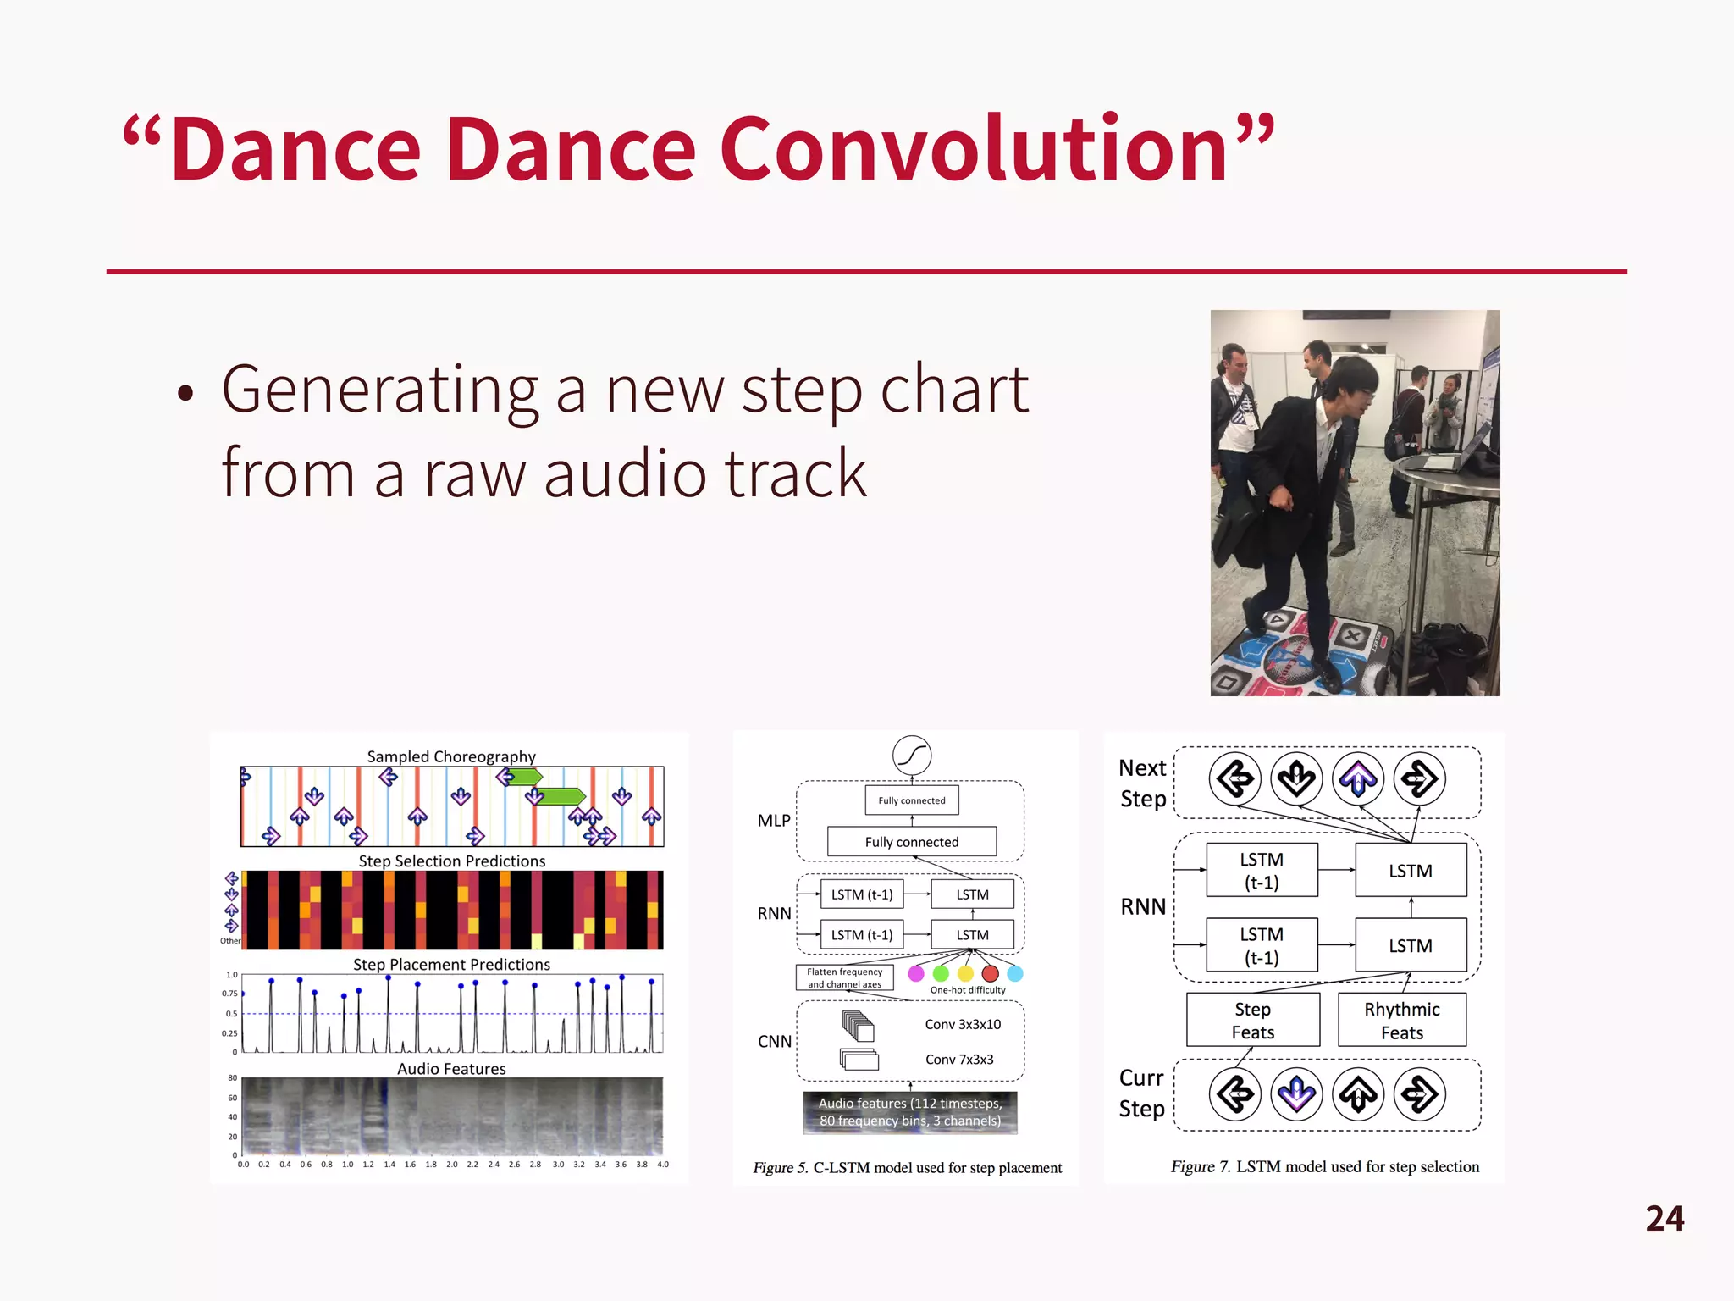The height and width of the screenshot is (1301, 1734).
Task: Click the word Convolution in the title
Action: (974, 150)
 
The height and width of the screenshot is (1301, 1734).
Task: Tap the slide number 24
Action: (1665, 1219)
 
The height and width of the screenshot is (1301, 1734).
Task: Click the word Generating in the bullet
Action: (379, 390)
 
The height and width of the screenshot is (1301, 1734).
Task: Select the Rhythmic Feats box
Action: (1401, 1021)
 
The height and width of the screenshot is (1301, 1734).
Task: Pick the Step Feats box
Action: (1252, 1021)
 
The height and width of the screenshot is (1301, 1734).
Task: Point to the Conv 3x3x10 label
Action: (963, 1025)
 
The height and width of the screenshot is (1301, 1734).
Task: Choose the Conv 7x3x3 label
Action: (959, 1060)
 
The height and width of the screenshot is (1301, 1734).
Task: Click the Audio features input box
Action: (910, 1112)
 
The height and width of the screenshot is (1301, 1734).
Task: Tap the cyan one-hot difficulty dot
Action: (1015, 974)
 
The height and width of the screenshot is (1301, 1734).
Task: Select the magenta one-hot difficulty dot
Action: (915, 974)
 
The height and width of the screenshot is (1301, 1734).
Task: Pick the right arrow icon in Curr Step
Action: (1419, 1095)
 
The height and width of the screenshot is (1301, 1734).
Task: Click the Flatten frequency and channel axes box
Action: (844, 978)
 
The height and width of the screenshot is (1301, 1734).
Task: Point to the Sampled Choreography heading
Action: (451, 756)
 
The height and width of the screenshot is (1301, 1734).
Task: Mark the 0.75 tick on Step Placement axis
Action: (229, 994)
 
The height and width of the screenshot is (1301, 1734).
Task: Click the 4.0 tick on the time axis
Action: (663, 1165)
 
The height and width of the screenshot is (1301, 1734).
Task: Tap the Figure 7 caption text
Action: (1325, 1167)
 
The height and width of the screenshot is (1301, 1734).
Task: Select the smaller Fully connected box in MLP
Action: (912, 800)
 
